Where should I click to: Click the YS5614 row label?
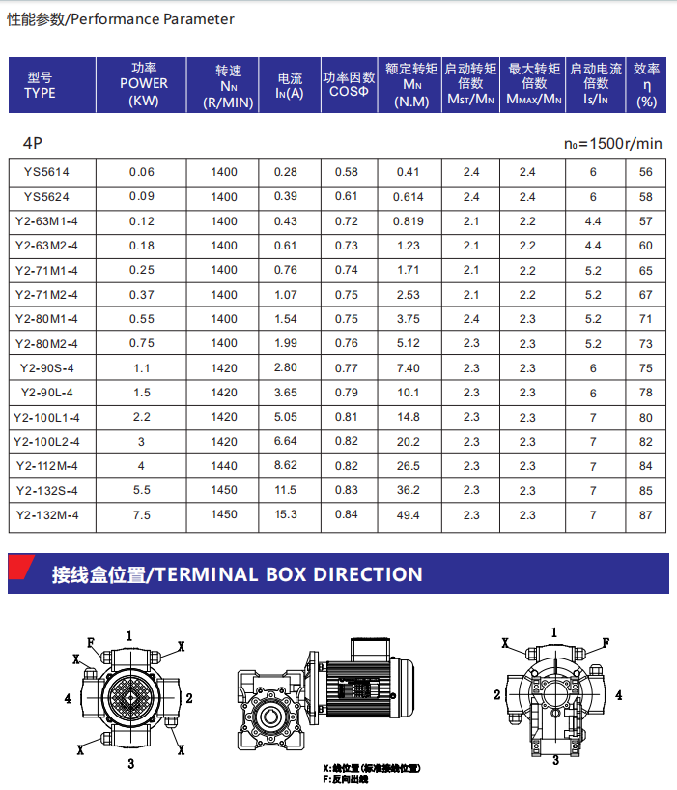[x=46, y=172]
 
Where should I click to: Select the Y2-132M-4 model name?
[x=47, y=515]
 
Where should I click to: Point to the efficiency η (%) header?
[x=646, y=85]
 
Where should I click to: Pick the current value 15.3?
[x=286, y=515]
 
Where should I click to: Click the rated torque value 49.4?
[x=409, y=515]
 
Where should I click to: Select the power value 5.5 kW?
[x=141, y=490]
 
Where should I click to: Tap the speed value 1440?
[x=224, y=466]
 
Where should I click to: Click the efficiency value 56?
[x=646, y=172]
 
